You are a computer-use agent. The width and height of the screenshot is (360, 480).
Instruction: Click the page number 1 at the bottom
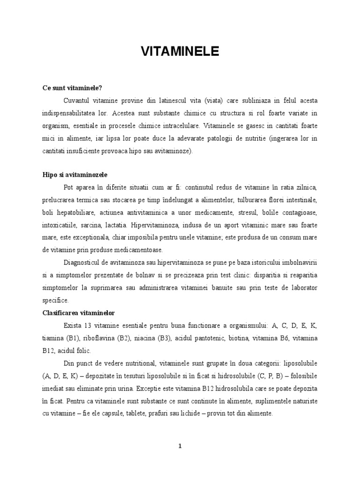point(180,446)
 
